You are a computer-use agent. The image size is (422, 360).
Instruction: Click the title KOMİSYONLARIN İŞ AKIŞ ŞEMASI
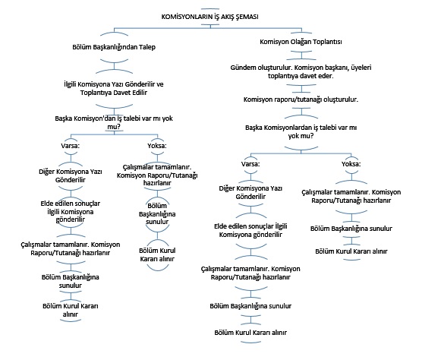pos(210,17)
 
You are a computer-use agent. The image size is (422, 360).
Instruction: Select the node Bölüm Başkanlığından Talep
pos(114,47)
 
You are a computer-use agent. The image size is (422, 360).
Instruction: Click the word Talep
pos(147,47)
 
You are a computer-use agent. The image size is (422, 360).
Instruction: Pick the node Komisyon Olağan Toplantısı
pos(301,42)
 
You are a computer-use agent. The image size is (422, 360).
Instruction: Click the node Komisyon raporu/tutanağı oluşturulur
pos(301,99)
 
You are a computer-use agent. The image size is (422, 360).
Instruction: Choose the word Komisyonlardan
pos(286,128)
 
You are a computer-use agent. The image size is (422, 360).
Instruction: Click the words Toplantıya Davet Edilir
pos(114,93)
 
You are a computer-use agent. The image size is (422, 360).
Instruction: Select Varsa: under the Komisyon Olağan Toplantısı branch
pos(250,164)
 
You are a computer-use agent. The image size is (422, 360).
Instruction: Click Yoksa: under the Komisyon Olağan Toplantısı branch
pos(351,164)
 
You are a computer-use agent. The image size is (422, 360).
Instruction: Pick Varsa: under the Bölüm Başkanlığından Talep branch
pos(71,146)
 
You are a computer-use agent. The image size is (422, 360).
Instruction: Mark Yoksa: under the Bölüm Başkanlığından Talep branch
pos(157,146)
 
